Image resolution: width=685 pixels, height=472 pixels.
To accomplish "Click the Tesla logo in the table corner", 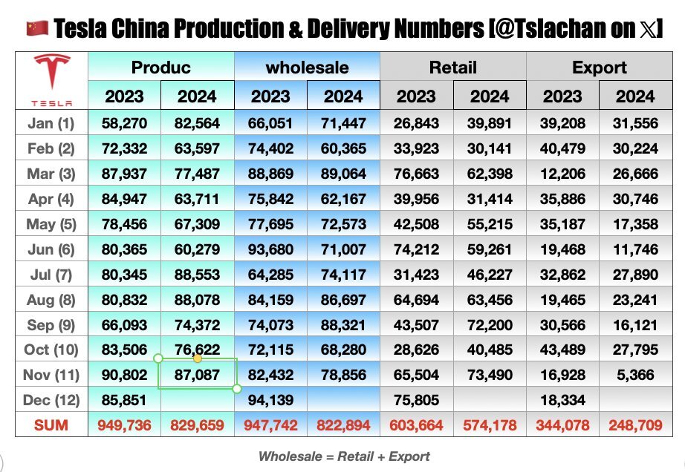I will pos(51,80).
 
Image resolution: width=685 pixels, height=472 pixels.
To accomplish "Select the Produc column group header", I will pos(160,68).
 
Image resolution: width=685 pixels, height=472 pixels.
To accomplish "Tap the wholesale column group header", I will pos(307,68).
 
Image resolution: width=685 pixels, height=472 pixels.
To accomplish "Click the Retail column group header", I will pos(452,68).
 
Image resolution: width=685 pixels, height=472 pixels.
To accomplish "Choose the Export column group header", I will pos(599,68).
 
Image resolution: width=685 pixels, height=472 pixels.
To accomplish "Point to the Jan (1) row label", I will pos(51,123).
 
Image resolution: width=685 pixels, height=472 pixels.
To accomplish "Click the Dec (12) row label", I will pos(51,400).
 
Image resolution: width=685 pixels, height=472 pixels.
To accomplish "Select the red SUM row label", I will pos(51,425).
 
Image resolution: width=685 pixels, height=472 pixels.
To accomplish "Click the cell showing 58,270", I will pos(124,123).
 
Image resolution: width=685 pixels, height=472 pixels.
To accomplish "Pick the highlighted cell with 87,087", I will pos(197,375).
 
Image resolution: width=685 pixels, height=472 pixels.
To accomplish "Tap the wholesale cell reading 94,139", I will pos(270,400).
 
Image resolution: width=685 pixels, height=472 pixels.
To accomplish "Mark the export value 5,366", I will pos(635,375).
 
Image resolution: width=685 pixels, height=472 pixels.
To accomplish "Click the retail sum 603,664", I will pos(416,425).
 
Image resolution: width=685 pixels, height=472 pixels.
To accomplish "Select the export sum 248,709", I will pos(635,425).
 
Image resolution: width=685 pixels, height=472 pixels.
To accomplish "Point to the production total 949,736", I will pos(124,425).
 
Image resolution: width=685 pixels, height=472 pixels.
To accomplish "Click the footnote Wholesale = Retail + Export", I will pos(344,456).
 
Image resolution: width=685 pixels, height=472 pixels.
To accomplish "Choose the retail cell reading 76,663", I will pos(416,174).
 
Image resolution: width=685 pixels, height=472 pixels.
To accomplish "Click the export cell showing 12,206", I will pos(562,174).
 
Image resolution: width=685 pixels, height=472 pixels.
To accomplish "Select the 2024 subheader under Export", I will pos(635,96).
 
